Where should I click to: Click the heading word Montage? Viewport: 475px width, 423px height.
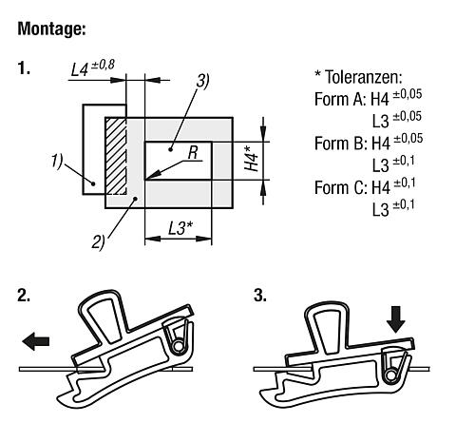tap(52, 29)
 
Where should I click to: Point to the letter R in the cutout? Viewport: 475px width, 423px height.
tap(193, 151)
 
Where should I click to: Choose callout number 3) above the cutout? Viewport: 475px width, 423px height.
tap(202, 82)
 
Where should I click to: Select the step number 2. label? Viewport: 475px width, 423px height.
tap(25, 296)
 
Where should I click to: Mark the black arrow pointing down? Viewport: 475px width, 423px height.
tap(396, 323)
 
